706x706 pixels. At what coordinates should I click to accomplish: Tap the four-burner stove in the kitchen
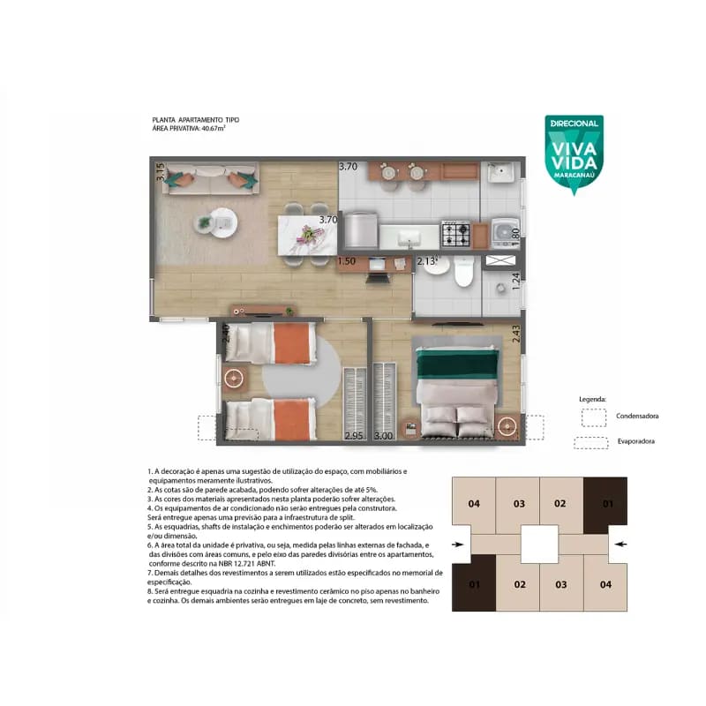tap(455, 234)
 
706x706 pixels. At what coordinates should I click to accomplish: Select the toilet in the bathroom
tap(464, 271)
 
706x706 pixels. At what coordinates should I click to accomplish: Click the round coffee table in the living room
tap(223, 222)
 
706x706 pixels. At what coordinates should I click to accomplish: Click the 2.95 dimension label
tap(354, 435)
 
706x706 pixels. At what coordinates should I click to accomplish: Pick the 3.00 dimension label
tap(384, 435)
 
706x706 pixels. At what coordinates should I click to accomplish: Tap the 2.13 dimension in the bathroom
tap(426, 260)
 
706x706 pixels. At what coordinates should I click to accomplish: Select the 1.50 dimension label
tap(346, 260)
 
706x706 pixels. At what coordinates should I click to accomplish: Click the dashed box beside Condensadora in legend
tap(593, 417)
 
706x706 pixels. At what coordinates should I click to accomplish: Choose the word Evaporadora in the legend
tap(635, 441)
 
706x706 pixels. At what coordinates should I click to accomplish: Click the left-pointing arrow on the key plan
tap(621, 544)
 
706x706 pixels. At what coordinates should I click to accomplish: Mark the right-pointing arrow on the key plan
tap(458, 545)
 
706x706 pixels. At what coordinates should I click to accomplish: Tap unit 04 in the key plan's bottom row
tap(605, 584)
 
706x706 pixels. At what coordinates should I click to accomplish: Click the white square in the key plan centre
tap(539, 545)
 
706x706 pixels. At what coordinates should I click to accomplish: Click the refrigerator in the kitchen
tap(361, 230)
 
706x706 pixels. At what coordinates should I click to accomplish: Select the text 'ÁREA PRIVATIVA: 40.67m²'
tap(189, 128)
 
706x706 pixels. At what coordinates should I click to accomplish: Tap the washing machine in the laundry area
tap(505, 232)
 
